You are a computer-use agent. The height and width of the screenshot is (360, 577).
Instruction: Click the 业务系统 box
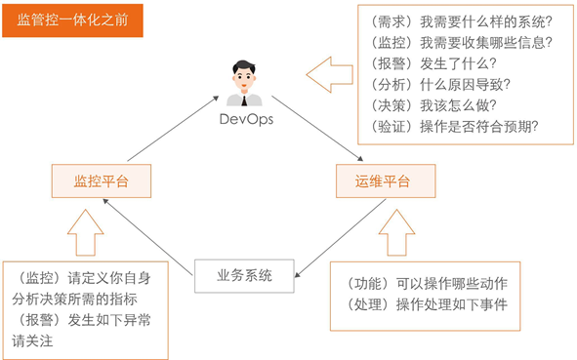tap(243, 275)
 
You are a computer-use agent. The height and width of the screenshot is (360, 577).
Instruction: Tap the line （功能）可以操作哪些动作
tap(434, 283)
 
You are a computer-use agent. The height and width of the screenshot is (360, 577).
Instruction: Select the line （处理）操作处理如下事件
tap(434, 304)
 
